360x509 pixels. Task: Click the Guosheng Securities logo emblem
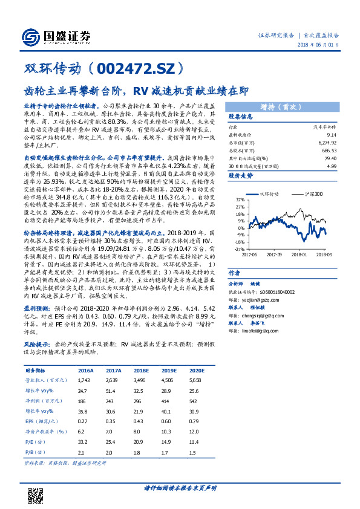point(28,36)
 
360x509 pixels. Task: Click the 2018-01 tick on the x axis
point(299,254)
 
